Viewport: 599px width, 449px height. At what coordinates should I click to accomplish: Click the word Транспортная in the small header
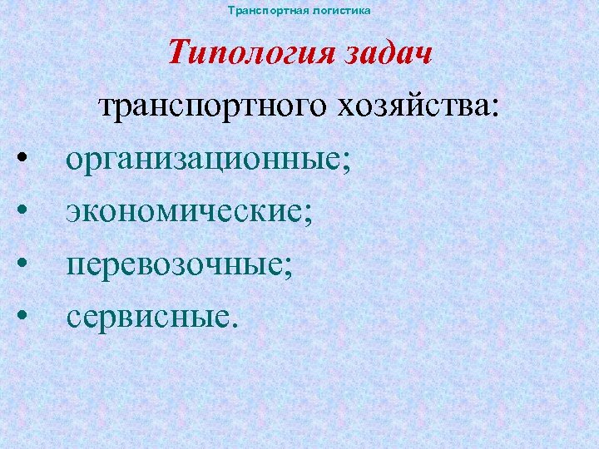click(260, 11)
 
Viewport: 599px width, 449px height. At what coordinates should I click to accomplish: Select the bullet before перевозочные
click(26, 263)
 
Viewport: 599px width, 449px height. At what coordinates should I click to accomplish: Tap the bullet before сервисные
click(26, 314)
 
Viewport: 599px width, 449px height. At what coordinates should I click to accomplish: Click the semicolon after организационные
click(345, 162)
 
